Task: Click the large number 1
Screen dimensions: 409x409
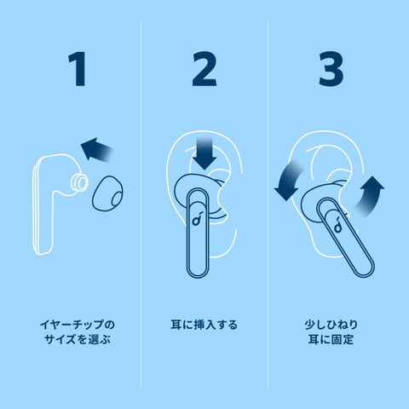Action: coord(78,69)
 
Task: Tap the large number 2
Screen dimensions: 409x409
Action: coord(204,69)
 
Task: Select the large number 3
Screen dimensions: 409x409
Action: coord(331,69)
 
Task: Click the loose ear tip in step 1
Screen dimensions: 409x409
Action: coord(108,193)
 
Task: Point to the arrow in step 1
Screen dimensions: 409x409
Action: coord(97,150)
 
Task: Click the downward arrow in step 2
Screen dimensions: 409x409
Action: coord(204,153)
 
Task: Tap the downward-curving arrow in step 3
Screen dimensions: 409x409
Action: coord(288,181)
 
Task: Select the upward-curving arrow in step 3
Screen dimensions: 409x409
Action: coord(369,196)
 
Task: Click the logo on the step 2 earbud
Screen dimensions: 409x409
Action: coord(197,218)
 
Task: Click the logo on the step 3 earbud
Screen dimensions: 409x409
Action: coord(337,224)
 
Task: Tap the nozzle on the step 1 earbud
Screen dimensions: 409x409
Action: coord(78,182)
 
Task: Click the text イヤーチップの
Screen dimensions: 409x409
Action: coord(78,325)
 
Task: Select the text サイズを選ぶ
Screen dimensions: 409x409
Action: coord(78,339)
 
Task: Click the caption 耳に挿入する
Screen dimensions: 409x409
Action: coord(204,325)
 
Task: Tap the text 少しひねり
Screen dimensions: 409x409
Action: coord(331,325)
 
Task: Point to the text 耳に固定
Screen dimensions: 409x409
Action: coord(331,339)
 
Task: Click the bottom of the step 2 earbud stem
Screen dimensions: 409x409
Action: coord(198,275)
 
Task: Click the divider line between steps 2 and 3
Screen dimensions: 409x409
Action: coord(268,204)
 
